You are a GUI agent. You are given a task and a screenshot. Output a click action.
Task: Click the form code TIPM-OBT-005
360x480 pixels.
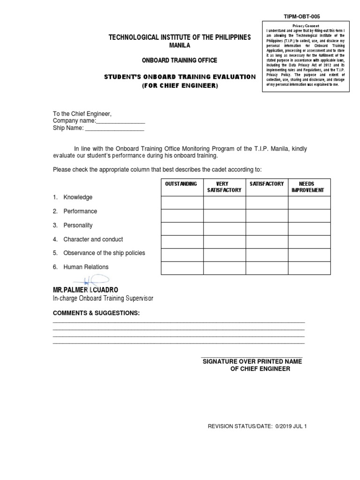click(x=302, y=16)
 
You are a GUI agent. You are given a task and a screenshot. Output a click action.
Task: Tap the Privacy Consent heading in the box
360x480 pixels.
click(x=306, y=25)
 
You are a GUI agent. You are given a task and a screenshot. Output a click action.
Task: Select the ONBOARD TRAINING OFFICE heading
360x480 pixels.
click(x=180, y=60)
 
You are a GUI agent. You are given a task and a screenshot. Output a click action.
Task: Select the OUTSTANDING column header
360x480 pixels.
click(x=182, y=184)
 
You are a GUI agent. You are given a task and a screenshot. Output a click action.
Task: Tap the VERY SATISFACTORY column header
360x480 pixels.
click(x=224, y=187)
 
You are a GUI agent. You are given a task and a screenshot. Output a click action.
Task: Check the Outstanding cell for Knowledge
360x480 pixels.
click(x=182, y=202)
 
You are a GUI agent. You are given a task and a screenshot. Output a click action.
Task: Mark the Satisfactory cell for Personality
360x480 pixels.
click(x=266, y=228)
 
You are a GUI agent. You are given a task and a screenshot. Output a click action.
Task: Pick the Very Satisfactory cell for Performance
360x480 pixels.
click(x=224, y=216)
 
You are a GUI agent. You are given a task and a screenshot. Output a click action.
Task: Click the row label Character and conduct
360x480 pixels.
click(x=93, y=239)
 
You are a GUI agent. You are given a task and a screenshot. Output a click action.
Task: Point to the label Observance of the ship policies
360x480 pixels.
click(x=104, y=253)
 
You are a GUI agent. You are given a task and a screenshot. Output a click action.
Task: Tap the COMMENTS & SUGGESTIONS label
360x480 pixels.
click(x=96, y=313)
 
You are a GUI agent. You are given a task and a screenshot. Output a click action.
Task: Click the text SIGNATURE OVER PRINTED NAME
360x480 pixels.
click(x=252, y=361)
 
